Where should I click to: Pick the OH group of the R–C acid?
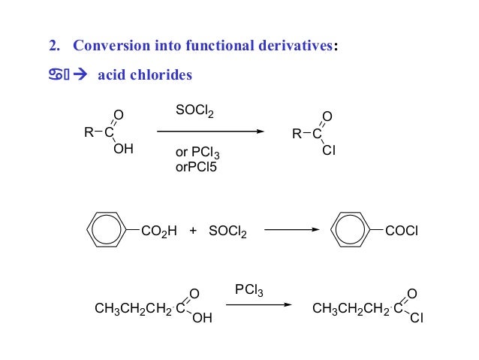(x=123, y=150)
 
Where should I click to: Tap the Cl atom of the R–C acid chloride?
(x=328, y=151)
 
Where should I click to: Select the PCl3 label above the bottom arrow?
(x=249, y=290)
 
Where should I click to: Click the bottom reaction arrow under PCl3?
(x=258, y=305)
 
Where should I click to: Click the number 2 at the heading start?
(x=53, y=46)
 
